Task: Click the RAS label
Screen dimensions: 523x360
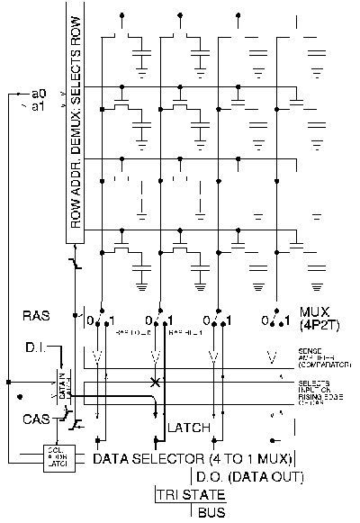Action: pos(35,316)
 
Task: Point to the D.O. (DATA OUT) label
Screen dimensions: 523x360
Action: pos(247,477)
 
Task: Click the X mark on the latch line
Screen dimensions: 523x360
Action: pos(157,383)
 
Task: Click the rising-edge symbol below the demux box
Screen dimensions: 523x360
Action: pos(75,263)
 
